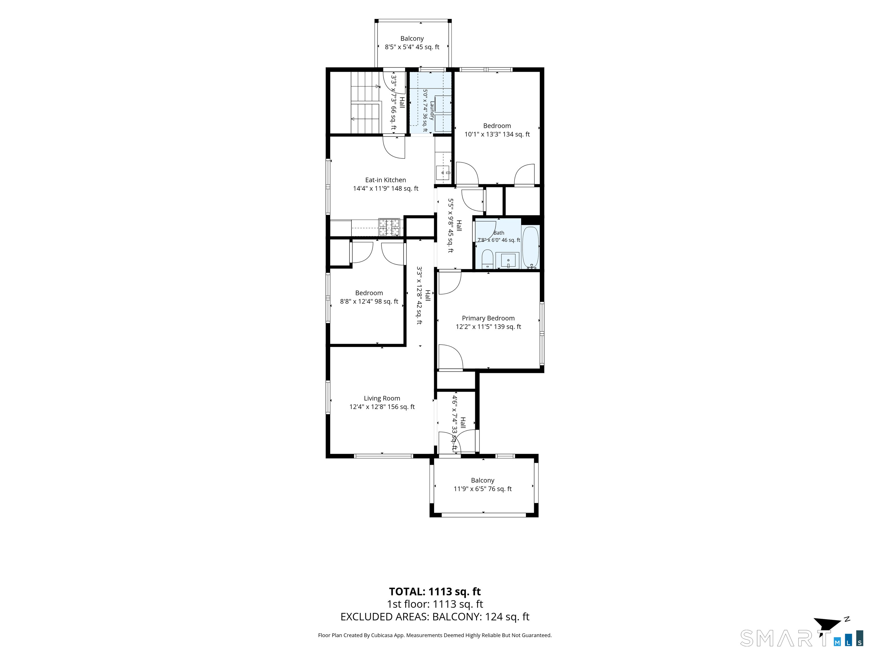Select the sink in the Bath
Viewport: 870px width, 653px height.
[508, 260]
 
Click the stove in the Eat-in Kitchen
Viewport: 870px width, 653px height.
[389, 227]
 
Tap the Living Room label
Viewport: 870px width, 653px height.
[382, 398]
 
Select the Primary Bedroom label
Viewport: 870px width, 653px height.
[488, 318]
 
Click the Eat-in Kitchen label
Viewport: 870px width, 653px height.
[385, 180]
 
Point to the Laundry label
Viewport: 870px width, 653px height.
[432, 111]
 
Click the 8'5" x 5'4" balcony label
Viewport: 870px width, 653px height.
[412, 47]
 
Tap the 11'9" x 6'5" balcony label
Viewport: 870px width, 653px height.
[483, 489]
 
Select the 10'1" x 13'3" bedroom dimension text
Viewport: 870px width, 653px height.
[497, 134]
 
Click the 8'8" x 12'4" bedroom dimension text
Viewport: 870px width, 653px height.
[369, 302]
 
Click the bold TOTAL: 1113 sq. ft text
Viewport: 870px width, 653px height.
[435, 591]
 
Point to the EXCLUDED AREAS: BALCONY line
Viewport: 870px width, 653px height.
[435, 617]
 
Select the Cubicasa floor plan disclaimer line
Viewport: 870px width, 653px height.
[435, 635]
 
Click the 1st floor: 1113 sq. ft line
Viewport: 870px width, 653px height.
[435, 604]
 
